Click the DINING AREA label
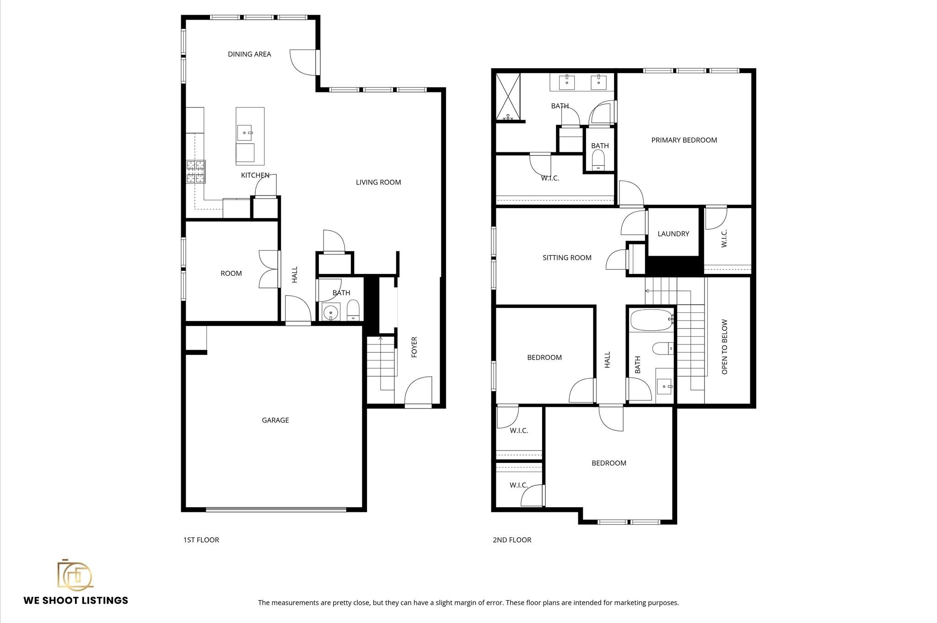pyautogui.click(x=249, y=54)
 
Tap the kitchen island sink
pyautogui.click(x=245, y=133)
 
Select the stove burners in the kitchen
pyautogui.click(x=196, y=172)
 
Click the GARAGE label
pyautogui.click(x=275, y=420)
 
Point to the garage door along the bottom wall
pyautogui.click(x=276, y=509)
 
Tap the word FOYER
pyautogui.click(x=415, y=347)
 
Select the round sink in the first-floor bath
pyautogui.click(x=330, y=313)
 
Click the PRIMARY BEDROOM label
pyautogui.click(x=684, y=140)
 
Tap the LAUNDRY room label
pyautogui.click(x=673, y=234)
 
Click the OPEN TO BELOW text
pyautogui.click(x=724, y=347)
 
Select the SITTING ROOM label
pyautogui.click(x=567, y=258)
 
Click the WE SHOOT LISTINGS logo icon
pyautogui.click(x=75, y=575)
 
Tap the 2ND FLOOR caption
pyautogui.click(x=512, y=540)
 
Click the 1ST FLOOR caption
pyautogui.click(x=201, y=540)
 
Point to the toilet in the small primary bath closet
pyautogui.click(x=598, y=160)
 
